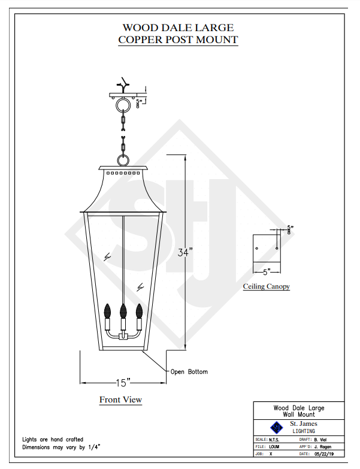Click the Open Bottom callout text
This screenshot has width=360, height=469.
[x=189, y=372]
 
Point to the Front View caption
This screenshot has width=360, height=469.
[x=120, y=400]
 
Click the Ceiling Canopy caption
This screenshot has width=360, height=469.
[x=266, y=286]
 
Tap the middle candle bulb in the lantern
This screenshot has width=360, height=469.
[x=123, y=311]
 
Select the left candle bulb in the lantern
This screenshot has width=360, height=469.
[x=108, y=311]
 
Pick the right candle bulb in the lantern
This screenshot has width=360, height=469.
[x=139, y=311]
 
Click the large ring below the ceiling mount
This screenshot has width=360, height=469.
[x=123, y=107]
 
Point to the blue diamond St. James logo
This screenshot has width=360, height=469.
[x=277, y=427]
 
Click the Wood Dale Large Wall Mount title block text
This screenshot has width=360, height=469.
[x=299, y=411]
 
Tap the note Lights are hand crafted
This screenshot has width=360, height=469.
[x=53, y=440]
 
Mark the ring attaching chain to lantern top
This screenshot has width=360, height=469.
[x=123, y=161]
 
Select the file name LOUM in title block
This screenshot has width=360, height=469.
[x=274, y=447]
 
